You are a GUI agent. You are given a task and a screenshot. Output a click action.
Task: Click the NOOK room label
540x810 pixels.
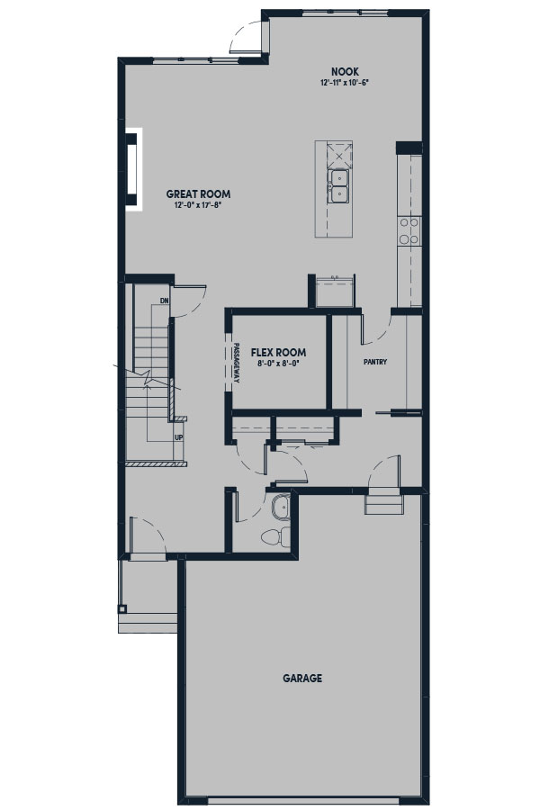[x=346, y=72]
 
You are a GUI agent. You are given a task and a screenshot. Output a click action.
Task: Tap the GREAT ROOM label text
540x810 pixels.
[x=198, y=194]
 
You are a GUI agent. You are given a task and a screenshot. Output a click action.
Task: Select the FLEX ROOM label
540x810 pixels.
[x=278, y=352]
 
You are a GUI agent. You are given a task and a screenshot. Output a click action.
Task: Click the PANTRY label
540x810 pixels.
[x=375, y=362]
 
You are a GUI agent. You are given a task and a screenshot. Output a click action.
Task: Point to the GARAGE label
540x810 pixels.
[x=302, y=678]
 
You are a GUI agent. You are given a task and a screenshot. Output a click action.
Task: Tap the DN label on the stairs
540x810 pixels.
[x=165, y=301]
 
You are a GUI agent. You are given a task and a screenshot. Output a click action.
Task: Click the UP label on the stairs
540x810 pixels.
[x=179, y=437]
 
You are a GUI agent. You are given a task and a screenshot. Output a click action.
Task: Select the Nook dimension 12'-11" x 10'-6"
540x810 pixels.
[x=346, y=83]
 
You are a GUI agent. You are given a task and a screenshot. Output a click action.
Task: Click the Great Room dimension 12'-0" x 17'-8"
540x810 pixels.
[x=198, y=205]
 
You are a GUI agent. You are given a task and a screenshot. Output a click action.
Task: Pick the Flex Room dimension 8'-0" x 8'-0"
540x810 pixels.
[x=278, y=364]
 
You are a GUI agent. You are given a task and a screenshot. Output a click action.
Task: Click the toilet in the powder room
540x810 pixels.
[x=274, y=537]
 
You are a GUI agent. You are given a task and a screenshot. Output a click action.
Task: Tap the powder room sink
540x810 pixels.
[x=281, y=508]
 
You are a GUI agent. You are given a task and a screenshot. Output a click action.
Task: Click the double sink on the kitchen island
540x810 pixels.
[x=339, y=186]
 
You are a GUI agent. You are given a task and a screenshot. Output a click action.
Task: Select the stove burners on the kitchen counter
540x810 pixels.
[x=409, y=230]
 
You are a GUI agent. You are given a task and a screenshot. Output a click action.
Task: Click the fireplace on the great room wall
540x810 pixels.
[x=133, y=169]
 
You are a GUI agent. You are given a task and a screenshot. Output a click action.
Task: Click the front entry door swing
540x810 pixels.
[x=148, y=535]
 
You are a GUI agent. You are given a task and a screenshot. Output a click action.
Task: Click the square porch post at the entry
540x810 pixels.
[x=122, y=608]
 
